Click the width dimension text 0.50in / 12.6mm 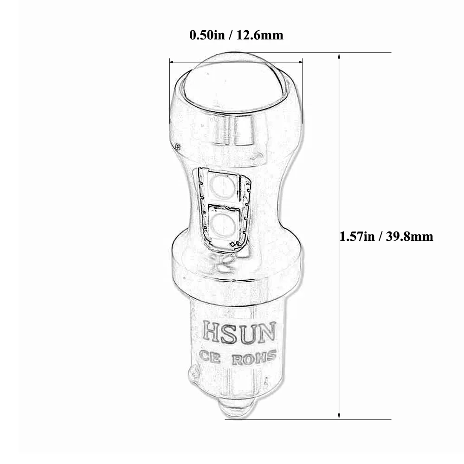point(236,35)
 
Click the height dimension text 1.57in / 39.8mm point(386,237)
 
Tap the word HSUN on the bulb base point(239,331)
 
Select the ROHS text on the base point(254,358)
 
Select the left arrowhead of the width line point(173,61)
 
